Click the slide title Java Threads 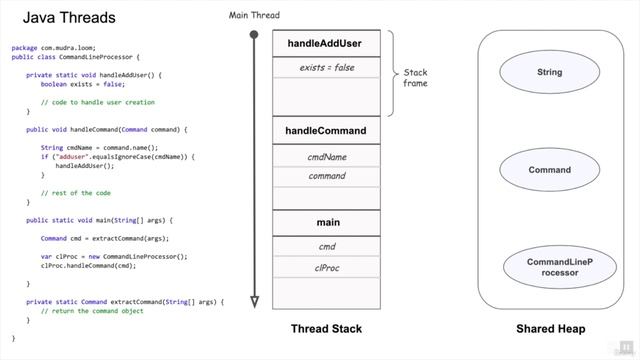coord(69,18)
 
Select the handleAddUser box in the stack coord(326,44)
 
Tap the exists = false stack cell coord(326,68)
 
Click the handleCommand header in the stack coord(326,131)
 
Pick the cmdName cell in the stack coord(326,157)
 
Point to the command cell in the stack coord(326,176)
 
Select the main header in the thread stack coord(326,221)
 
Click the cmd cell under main coord(326,247)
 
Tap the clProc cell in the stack coord(326,267)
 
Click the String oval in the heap coord(549,72)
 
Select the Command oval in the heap coord(549,170)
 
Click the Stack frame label coord(415,78)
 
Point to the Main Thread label coord(254,16)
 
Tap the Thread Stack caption coord(326,329)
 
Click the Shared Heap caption coord(549,329)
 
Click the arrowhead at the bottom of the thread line coord(254,301)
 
